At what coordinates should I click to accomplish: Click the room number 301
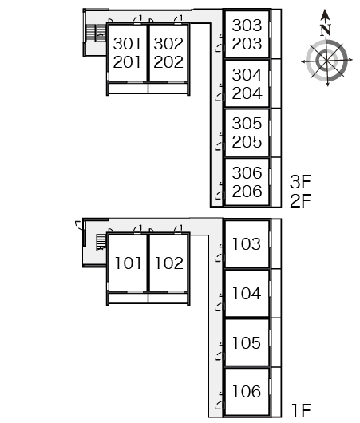(x=127, y=44)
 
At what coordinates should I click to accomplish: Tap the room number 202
(x=168, y=62)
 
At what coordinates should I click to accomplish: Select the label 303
(x=247, y=26)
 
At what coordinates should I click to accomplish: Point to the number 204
(x=247, y=93)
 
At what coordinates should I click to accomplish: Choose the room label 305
(x=247, y=124)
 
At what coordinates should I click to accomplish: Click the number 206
(x=247, y=192)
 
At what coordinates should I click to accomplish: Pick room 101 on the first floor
(x=128, y=263)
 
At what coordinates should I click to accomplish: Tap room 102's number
(x=169, y=263)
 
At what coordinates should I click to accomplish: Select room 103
(x=247, y=244)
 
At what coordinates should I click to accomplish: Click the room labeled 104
(x=247, y=294)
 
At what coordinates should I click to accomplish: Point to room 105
(x=247, y=343)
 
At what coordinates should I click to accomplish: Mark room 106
(x=247, y=392)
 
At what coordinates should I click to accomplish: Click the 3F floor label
(x=301, y=181)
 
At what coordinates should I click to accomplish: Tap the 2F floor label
(x=301, y=200)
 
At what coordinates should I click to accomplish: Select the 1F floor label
(x=302, y=410)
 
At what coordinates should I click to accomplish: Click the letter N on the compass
(x=326, y=30)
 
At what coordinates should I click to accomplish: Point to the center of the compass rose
(x=326, y=61)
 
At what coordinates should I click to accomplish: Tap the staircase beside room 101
(x=101, y=242)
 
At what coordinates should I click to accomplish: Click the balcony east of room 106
(x=276, y=392)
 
